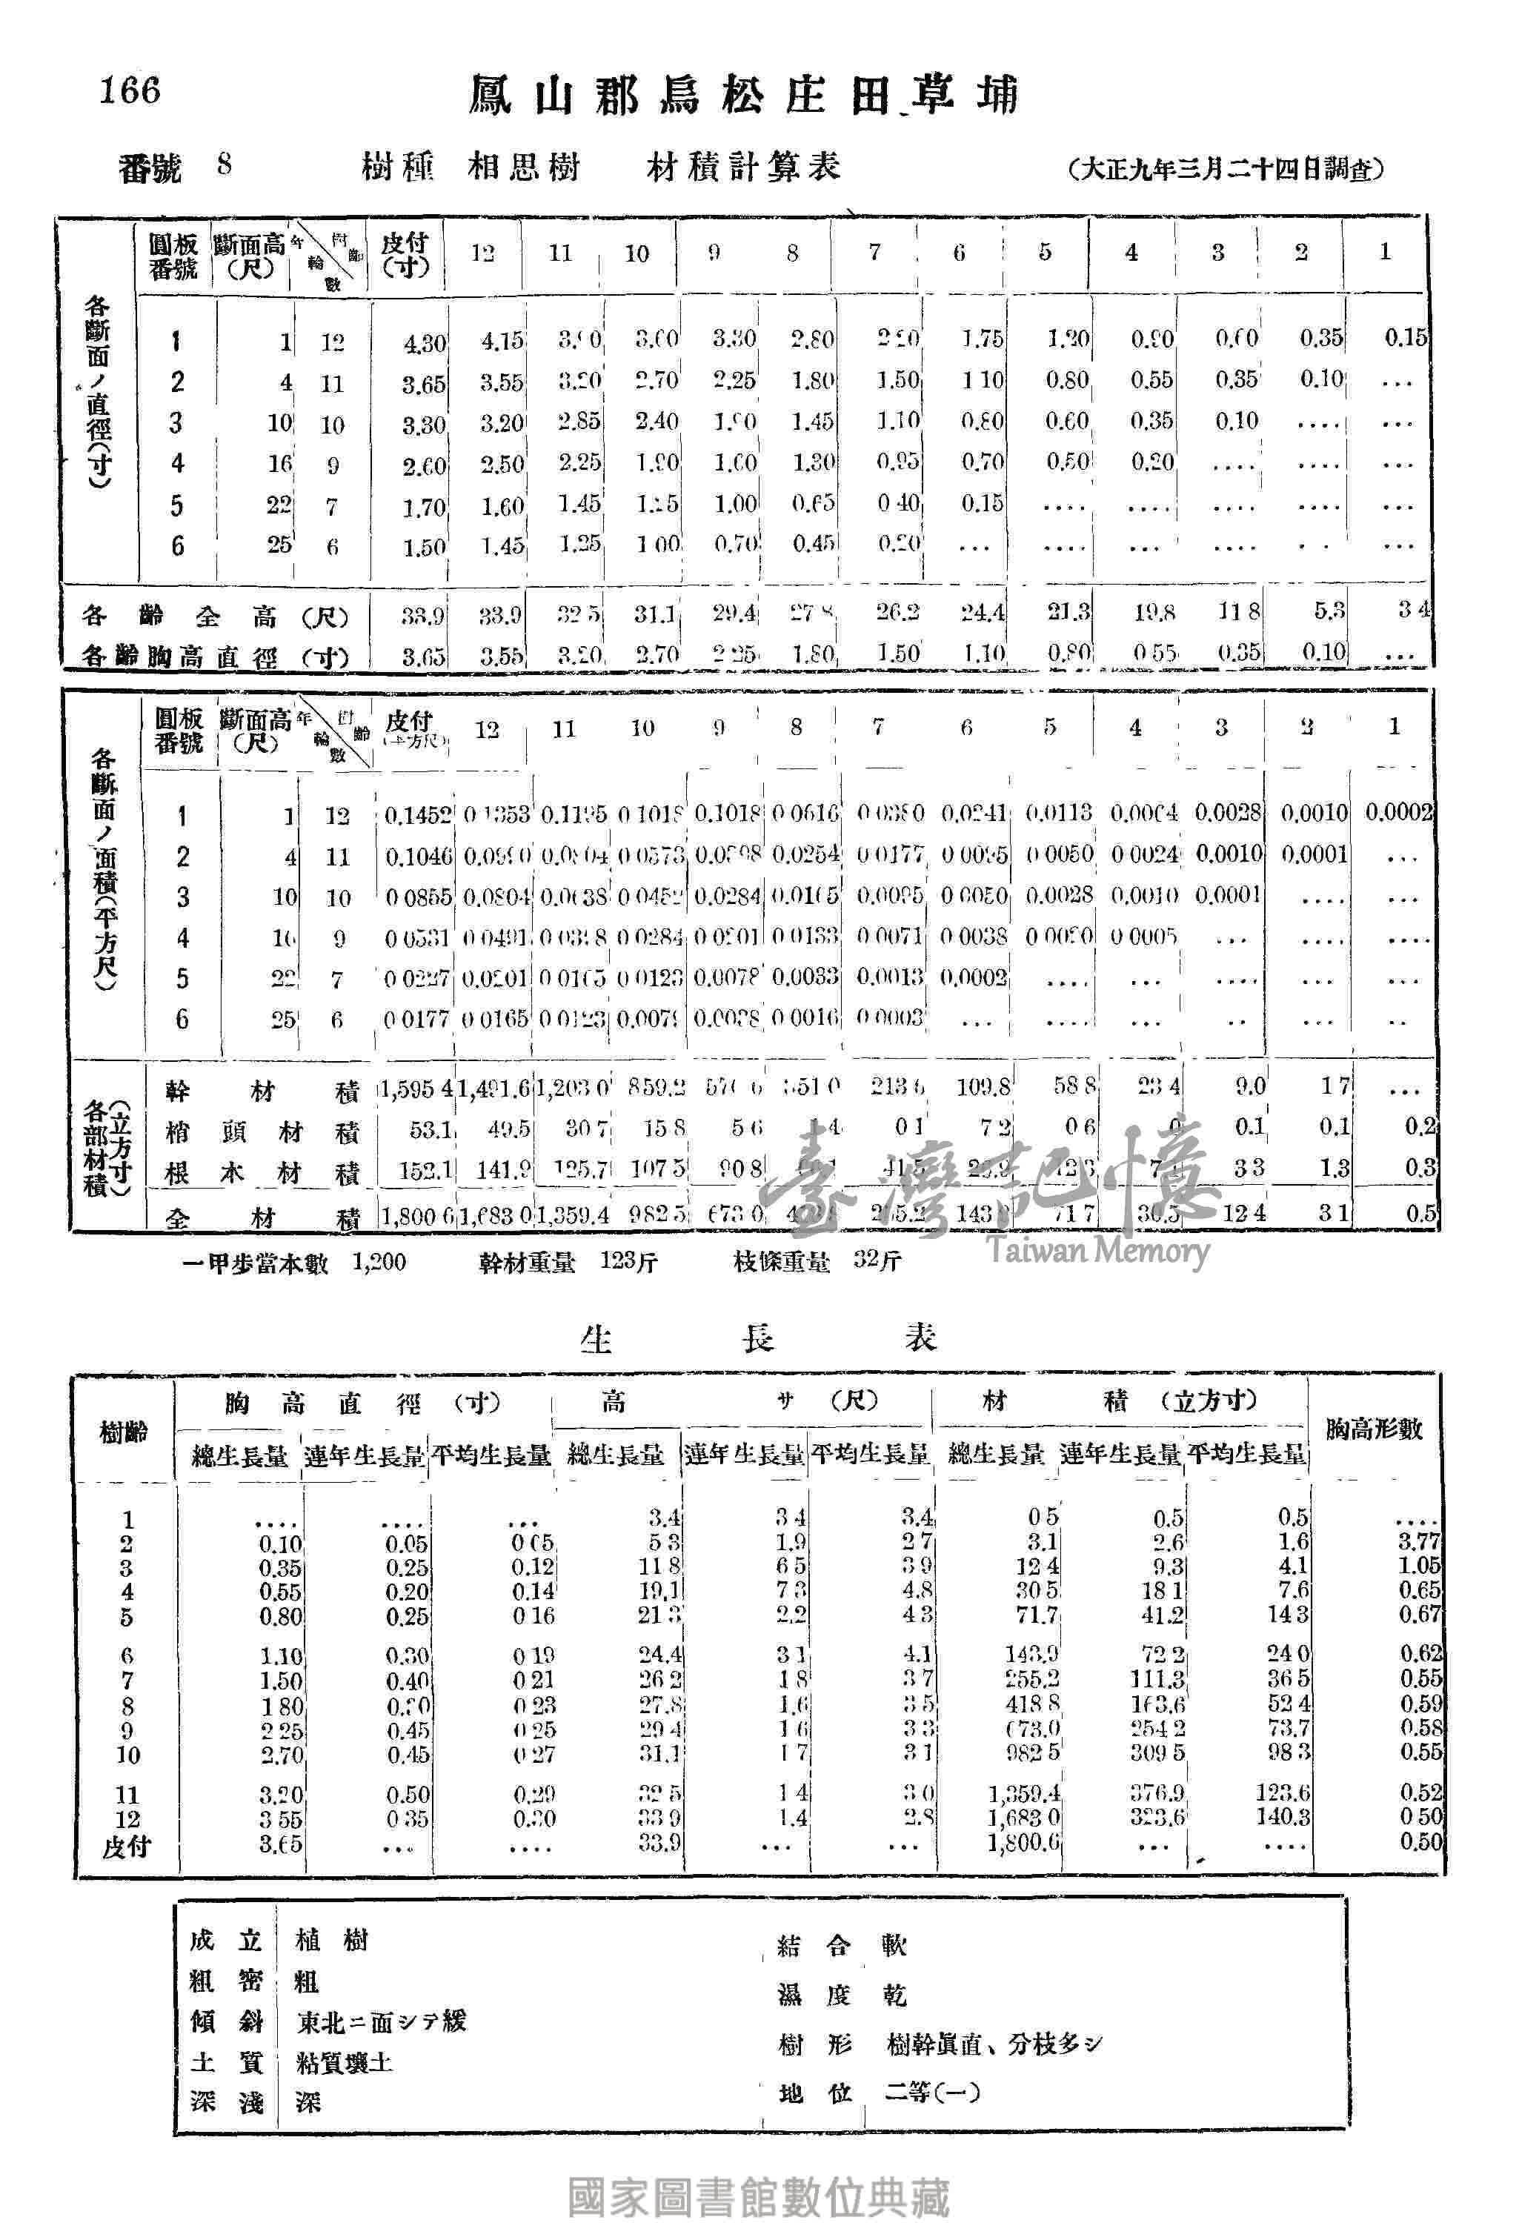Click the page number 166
point(130,91)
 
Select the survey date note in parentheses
point(1226,169)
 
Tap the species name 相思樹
point(523,167)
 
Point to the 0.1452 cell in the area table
point(418,815)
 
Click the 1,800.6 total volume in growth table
point(1023,1841)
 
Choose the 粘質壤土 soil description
point(345,2062)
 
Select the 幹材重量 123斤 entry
point(568,1263)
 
